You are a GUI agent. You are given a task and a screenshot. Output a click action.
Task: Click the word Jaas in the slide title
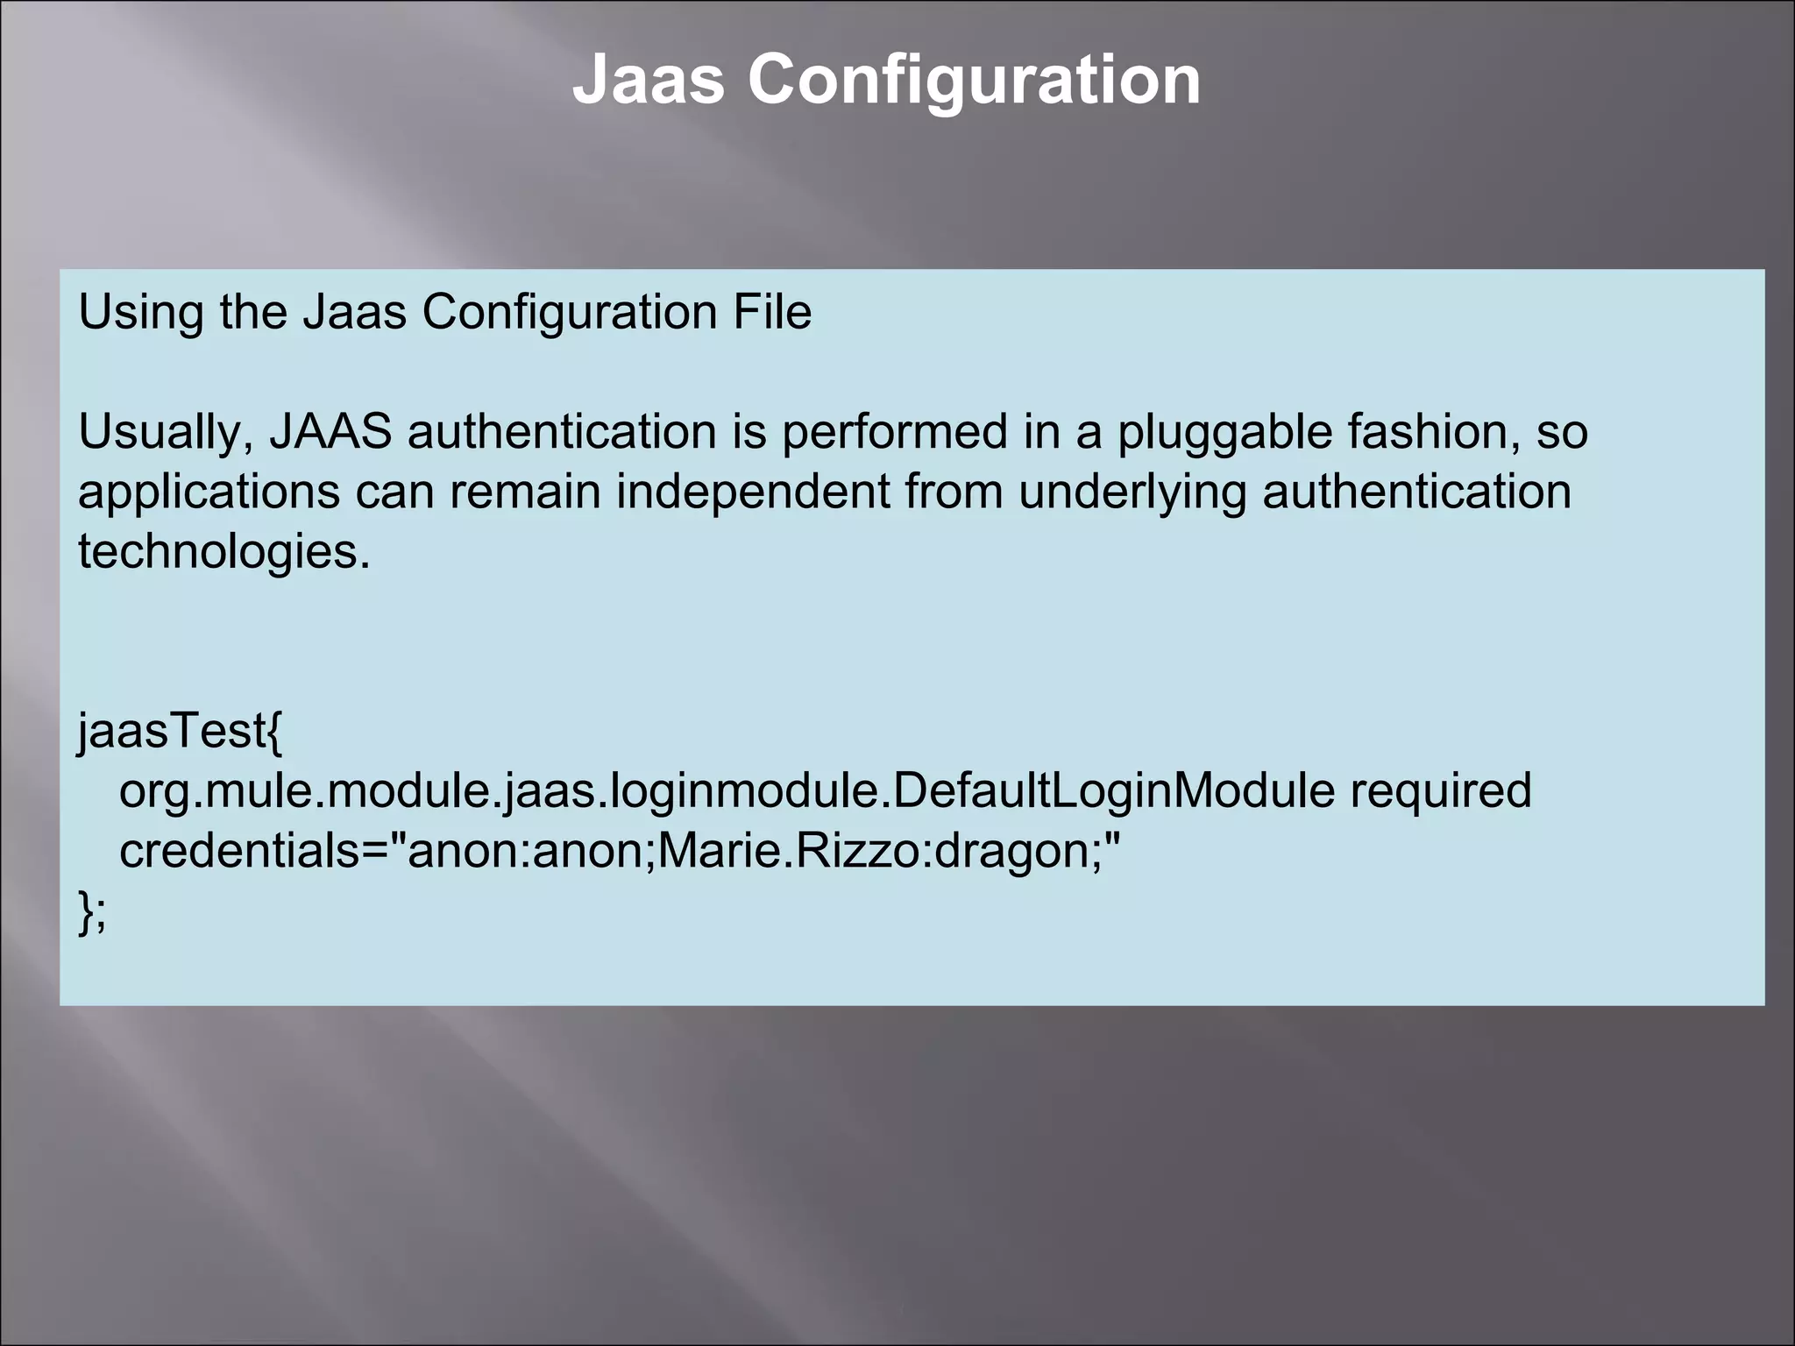click(648, 80)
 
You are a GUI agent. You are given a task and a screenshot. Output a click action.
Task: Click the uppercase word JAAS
click(330, 432)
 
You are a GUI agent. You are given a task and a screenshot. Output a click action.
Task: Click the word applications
click(209, 493)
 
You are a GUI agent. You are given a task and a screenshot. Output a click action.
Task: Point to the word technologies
click(224, 553)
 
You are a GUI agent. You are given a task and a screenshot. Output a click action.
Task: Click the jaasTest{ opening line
click(181, 732)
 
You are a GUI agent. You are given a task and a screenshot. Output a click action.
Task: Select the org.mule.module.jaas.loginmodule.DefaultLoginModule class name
click(727, 791)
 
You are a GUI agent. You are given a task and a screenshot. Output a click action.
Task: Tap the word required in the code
click(1440, 792)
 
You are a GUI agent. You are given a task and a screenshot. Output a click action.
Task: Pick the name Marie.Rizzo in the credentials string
click(788, 851)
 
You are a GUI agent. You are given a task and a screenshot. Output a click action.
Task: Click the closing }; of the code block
click(92, 911)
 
